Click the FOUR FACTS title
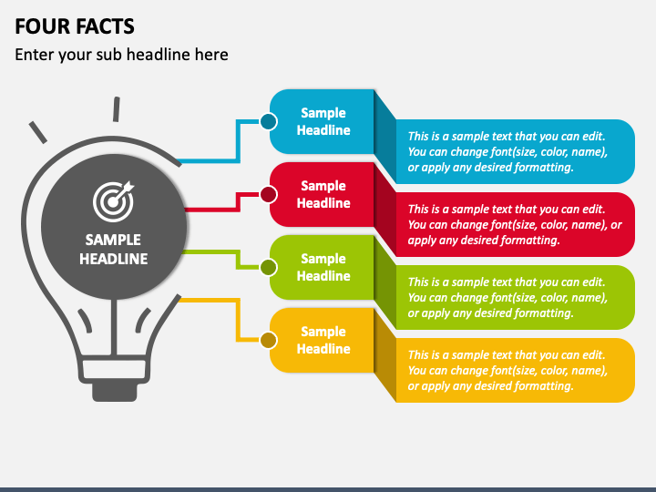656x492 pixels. [x=75, y=26]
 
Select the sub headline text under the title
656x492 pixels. [x=121, y=55]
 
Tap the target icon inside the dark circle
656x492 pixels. [x=113, y=201]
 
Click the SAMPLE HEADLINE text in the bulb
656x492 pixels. [x=113, y=250]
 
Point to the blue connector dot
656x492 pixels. [x=268, y=122]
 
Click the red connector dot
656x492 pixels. [x=268, y=195]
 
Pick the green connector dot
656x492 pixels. [x=268, y=267]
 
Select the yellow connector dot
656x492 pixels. [x=268, y=340]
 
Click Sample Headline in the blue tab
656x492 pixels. [x=323, y=121]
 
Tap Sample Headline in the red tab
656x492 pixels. [x=323, y=194]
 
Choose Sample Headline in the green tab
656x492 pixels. [x=323, y=267]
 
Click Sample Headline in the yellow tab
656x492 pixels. [x=323, y=340]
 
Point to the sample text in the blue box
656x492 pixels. [x=507, y=151]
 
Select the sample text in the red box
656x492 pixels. [x=515, y=225]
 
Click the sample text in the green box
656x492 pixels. [x=507, y=297]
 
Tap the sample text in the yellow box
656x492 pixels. [x=507, y=370]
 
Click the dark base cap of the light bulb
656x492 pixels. [x=115, y=392]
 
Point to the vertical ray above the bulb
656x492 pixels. [x=117, y=109]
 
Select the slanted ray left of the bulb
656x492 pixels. [x=37, y=132]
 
